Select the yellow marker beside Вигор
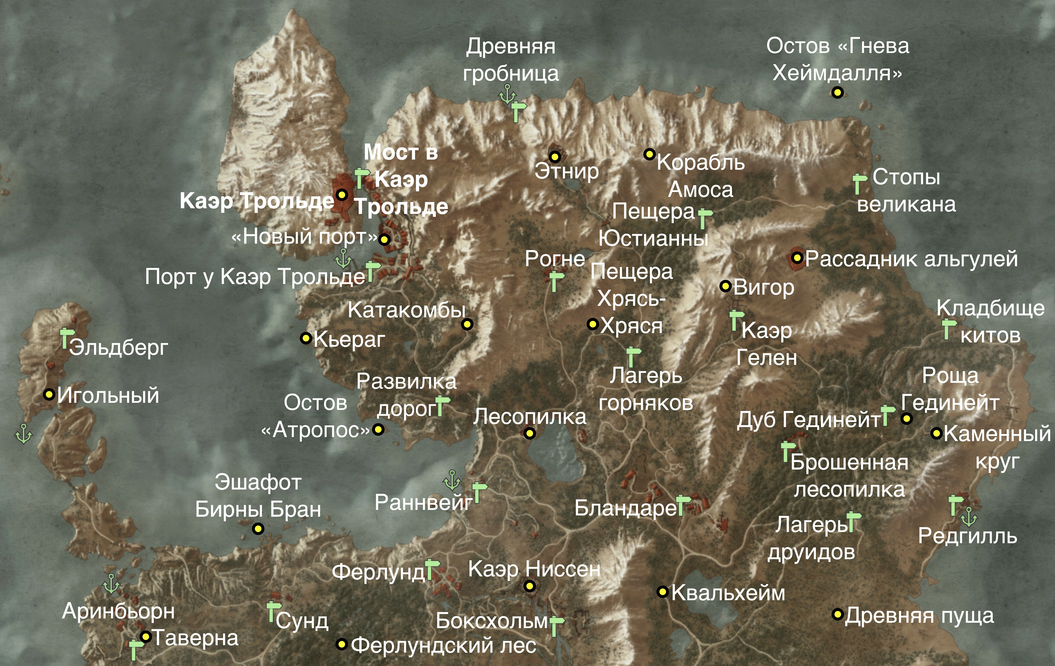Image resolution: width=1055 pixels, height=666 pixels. pos(726,286)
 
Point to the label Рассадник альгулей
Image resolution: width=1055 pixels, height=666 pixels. pos(911,259)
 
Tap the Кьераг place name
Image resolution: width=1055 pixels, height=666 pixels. pos(349,339)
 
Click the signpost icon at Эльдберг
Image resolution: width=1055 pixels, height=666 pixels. pos(66,337)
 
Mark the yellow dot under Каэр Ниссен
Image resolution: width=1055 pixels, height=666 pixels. pos(530,586)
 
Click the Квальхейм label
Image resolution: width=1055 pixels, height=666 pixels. pos(728,593)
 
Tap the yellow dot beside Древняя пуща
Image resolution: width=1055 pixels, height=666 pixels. pos(837,614)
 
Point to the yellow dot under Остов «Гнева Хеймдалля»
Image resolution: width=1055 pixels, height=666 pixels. pos(837,92)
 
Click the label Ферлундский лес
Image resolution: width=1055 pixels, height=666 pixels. pos(443,645)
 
